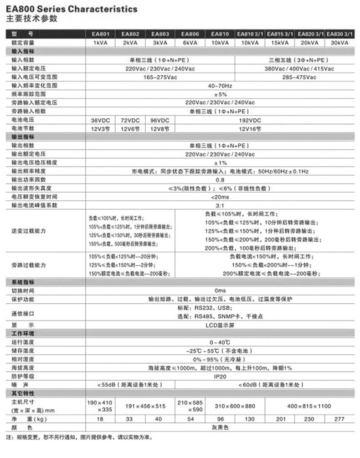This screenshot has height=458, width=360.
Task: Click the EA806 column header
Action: click(x=190, y=34)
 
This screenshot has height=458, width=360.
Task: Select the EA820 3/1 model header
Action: click(x=310, y=34)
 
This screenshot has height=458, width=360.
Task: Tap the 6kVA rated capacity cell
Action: click(x=190, y=42)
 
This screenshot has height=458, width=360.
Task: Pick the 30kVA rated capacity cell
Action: click(x=339, y=42)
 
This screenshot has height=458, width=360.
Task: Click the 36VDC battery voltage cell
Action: click(x=101, y=120)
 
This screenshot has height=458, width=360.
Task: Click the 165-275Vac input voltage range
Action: click(x=160, y=77)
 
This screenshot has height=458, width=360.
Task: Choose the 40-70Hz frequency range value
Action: click(x=220, y=86)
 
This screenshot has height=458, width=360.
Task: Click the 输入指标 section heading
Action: click(x=23, y=51)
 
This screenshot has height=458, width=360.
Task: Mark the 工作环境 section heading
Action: click(x=23, y=334)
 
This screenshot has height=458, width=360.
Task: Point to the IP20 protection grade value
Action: click(x=220, y=377)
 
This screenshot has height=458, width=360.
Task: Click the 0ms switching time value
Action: click(x=220, y=290)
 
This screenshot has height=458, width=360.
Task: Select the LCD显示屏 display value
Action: click(x=220, y=326)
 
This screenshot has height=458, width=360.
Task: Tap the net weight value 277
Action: click(x=339, y=419)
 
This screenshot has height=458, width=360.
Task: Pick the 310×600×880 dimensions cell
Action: click(x=235, y=406)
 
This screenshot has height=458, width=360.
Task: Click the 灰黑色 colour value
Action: click(x=220, y=427)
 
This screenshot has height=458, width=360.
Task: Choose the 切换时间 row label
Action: click(x=23, y=290)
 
